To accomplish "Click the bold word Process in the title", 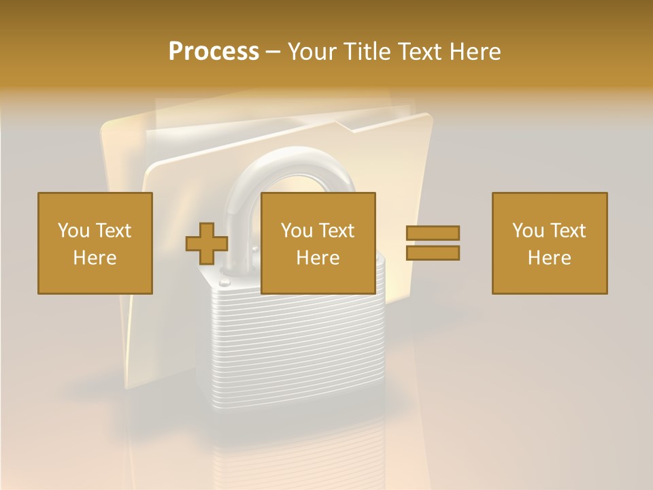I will click(214, 52).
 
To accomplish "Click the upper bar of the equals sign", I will click(433, 233).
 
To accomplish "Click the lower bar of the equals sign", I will click(433, 253).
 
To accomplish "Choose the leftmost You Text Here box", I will click(95, 243).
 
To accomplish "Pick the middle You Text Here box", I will click(318, 243).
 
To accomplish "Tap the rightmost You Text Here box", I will click(549, 243).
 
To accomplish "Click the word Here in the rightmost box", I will click(549, 258).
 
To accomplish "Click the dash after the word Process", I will click(273, 52).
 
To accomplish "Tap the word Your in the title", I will click(314, 52).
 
